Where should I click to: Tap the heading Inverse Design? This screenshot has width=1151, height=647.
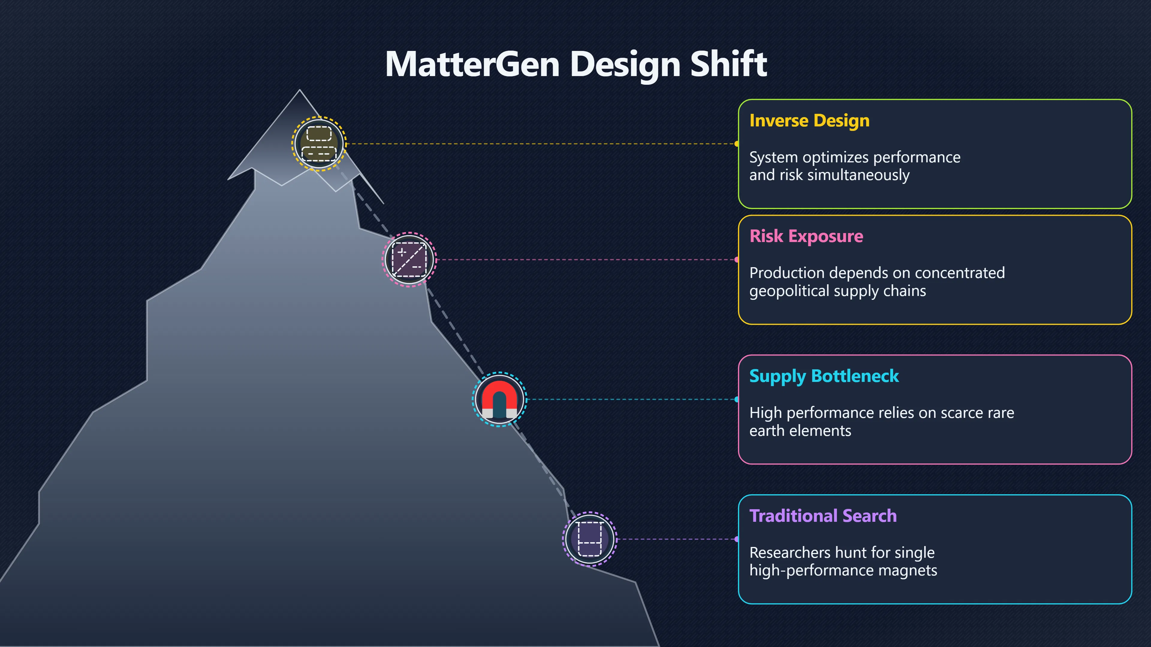tap(809, 120)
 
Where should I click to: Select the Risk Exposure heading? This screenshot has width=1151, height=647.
tap(806, 236)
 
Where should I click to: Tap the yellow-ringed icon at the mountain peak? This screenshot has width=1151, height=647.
tap(319, 144)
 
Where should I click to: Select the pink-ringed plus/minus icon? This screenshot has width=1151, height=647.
tap(409, 259)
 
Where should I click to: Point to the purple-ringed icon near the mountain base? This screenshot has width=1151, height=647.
tap(590, 539)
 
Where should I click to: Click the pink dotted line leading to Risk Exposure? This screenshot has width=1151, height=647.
tap(586, 259)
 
